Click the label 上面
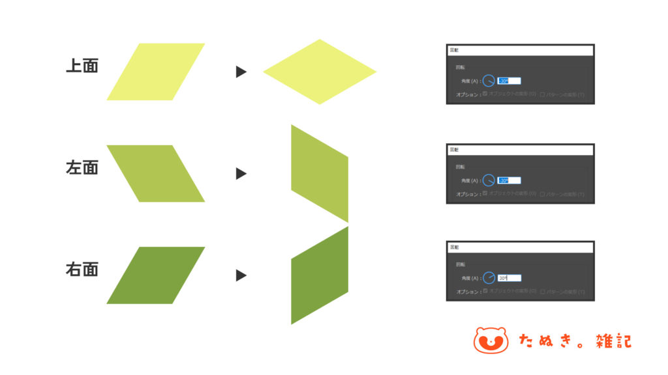click(82, 66)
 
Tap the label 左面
click(82, 167)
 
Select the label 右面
click(82, 269)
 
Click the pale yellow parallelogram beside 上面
click(156, 72)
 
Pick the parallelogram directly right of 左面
click(155, 173)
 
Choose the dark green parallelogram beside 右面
click(156, 275)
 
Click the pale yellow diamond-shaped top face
click(320, 72)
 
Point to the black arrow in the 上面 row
click(241, 72)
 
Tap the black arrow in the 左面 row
click(241, 174)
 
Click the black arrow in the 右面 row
click(241, 275)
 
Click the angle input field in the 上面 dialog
click(509, 81)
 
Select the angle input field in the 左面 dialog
click(509, 180)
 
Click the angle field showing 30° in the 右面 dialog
click(509, 278)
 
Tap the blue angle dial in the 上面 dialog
click(489, 81)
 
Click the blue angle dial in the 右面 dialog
click(489, 278)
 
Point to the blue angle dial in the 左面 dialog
click(489, 180)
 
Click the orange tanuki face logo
click(491, 340)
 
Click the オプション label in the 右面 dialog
click(468, 291)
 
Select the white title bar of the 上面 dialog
click(520, 49)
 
